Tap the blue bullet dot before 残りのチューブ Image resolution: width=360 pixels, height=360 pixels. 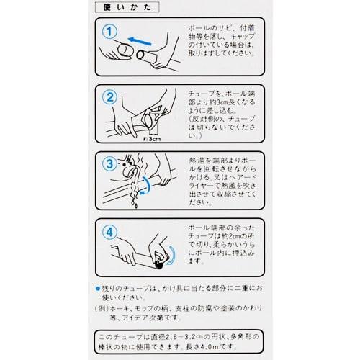pos(98,288)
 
